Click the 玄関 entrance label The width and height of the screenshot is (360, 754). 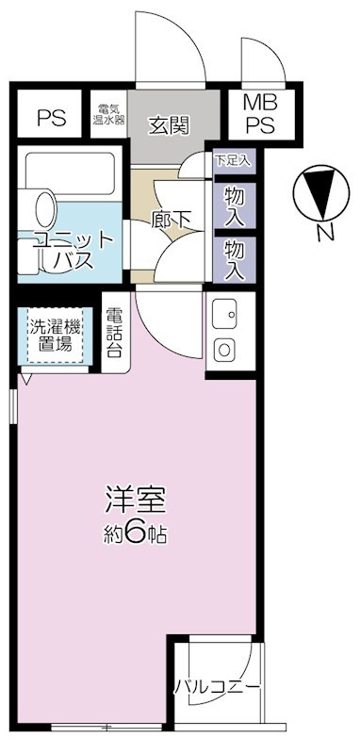tap(171, 124)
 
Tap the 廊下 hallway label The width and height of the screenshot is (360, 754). tap(172, 219)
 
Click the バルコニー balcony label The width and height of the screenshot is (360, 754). tap(217, 685)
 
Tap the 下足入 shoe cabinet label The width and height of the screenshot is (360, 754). tap(233, 160)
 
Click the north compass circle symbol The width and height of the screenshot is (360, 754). tap(319, 194)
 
